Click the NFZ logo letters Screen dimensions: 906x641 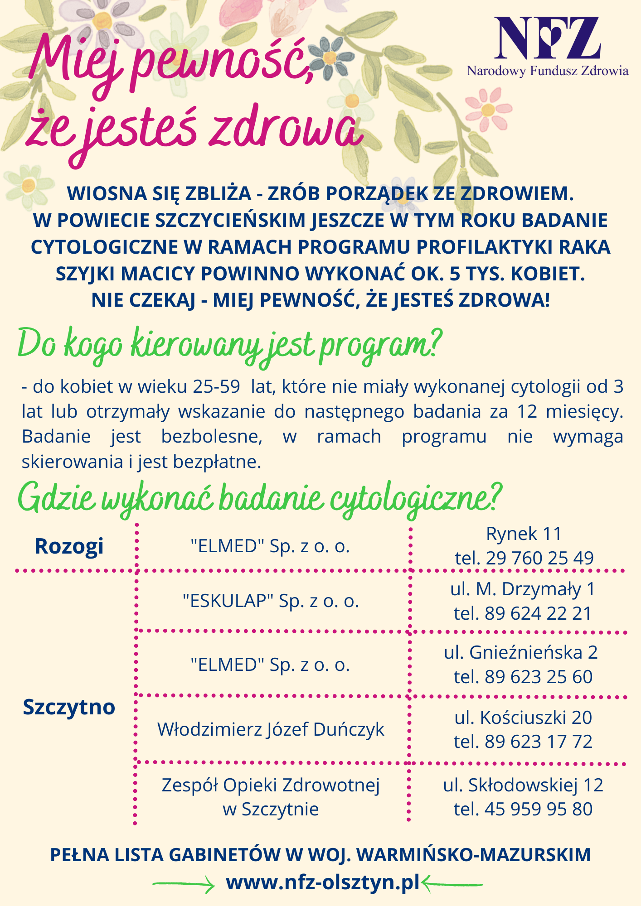pyautogui.click(x=547, y=38)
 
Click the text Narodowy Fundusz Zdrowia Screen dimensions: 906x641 pyautogui.click(x=548, y=71)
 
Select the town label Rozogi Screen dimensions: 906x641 pyautogui.click(x=69, y=546)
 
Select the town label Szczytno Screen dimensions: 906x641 pyautogui.click(x=69, y=707)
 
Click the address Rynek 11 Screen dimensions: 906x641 pyautogui.click(x=524, y=534)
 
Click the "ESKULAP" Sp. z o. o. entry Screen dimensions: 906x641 pyautogui.click(x=271, y=601)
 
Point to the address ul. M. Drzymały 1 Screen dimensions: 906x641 pyautogui.click(x=523, y=589)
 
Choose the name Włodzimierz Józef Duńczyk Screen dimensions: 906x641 pyautogui.click(x=271, y=729)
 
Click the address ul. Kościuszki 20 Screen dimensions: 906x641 pyautogui.click(x=523, y=718)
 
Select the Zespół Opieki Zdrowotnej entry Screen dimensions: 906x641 pyautogui.click(x=271, y=785)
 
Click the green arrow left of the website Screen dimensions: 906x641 pyautogui.click(x=184, y=884)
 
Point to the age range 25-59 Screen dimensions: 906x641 pyautogui.click(x=216, y=386)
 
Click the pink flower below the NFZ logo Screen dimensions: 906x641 pyautogui.click(x=488, y=109)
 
